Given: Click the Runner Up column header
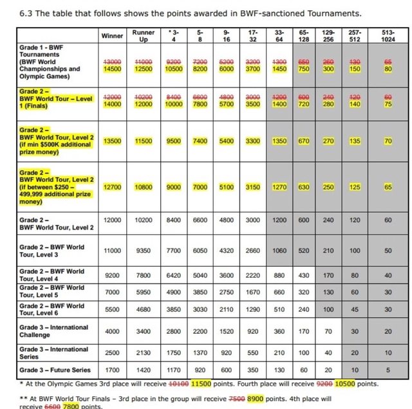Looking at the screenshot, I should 143,35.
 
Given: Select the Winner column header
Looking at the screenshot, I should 112,35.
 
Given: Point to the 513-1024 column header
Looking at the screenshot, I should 388,35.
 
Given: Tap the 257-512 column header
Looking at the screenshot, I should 355,35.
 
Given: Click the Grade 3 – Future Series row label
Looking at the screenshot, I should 55,370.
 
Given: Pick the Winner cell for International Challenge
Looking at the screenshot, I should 112,331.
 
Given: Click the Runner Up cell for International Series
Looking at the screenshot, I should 143,352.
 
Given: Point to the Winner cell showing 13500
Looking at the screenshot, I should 112,141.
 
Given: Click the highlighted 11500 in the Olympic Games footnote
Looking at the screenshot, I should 203,383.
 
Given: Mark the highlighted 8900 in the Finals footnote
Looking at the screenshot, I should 256,399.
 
